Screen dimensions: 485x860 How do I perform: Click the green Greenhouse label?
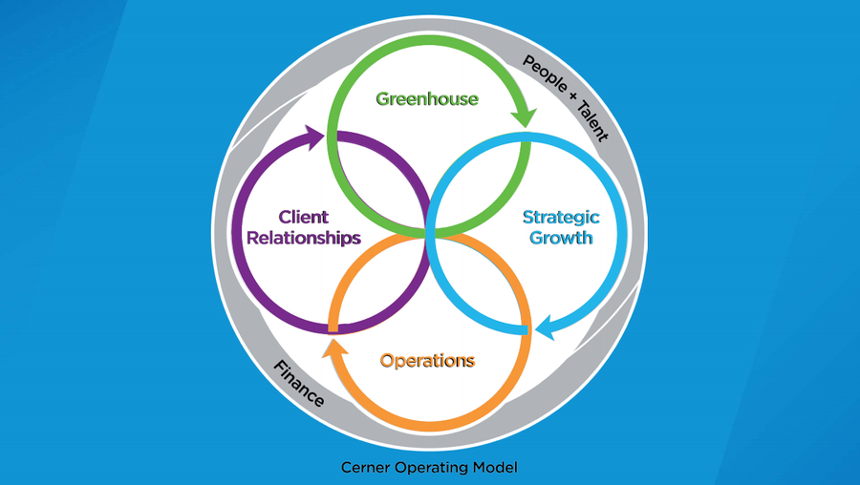(427, 98)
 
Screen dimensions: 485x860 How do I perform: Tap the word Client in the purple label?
(303, 217)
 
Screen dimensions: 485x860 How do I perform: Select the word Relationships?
(303, 238)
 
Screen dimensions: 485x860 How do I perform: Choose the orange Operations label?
(427, 361)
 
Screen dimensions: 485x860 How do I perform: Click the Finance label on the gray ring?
(299, 383)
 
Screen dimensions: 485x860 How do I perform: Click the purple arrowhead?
(316, 140)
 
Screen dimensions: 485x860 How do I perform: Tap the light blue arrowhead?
(546, 329)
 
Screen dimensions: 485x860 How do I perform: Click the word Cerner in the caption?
(364, 468)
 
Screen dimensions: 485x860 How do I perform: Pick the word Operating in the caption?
(428, 468)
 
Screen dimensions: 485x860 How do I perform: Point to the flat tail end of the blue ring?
(525, 330)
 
